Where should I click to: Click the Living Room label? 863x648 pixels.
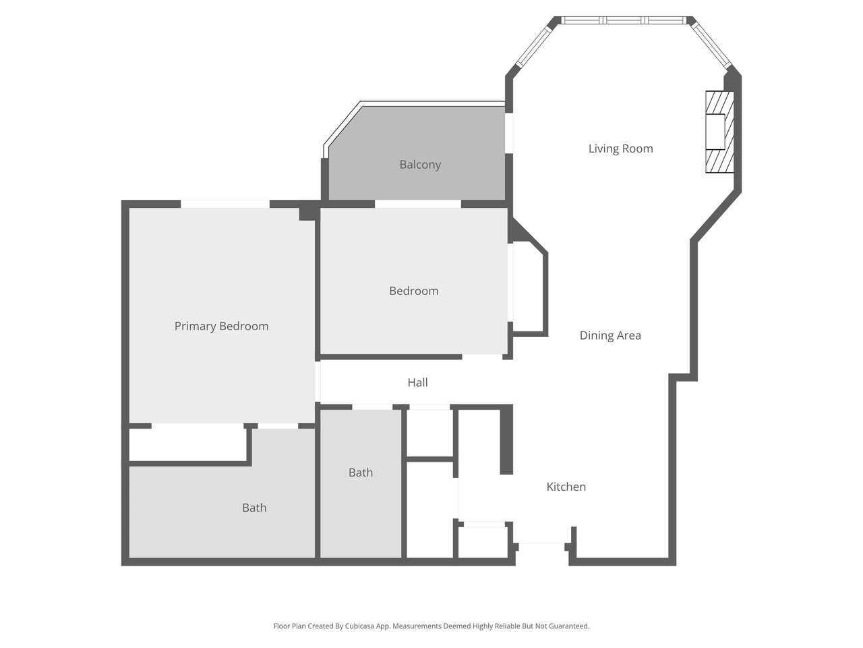(620, 148)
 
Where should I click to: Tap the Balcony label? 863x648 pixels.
(420, 165)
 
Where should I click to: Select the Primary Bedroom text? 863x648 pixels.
(221, 326)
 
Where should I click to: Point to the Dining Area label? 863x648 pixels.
(610, 335)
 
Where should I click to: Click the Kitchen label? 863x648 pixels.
(566, 487)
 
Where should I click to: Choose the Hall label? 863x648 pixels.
(417, 383)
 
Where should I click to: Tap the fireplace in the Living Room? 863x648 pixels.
(719, 132)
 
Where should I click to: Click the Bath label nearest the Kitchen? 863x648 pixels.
(361, 473)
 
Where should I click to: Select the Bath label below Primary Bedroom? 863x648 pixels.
(254, 508)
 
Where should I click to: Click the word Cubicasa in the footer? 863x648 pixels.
(359, 626)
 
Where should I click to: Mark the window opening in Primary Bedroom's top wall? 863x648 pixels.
(225, 204)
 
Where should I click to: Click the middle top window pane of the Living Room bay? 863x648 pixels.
(624, 20)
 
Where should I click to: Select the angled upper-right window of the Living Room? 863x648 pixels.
(711, 45)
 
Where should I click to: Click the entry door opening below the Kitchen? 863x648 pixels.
(542, 547)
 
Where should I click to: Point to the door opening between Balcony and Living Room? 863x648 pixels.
(509, 133)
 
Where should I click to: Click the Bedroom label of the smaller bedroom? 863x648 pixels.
(413, 291)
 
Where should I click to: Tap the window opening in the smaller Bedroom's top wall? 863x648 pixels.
(417, 204)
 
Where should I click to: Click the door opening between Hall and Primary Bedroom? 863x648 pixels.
(318, 381)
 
